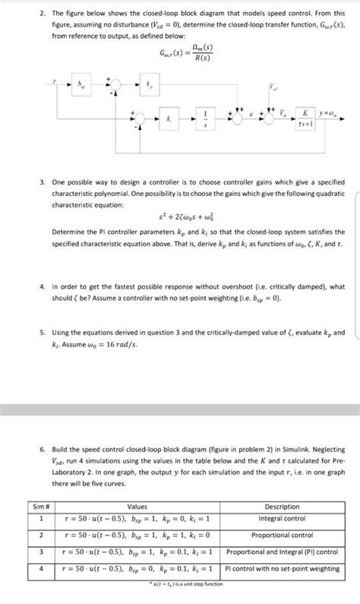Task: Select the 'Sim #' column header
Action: pos(40,507)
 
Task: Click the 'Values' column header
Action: pos(137,507)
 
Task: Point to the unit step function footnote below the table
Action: pos(188,583)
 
